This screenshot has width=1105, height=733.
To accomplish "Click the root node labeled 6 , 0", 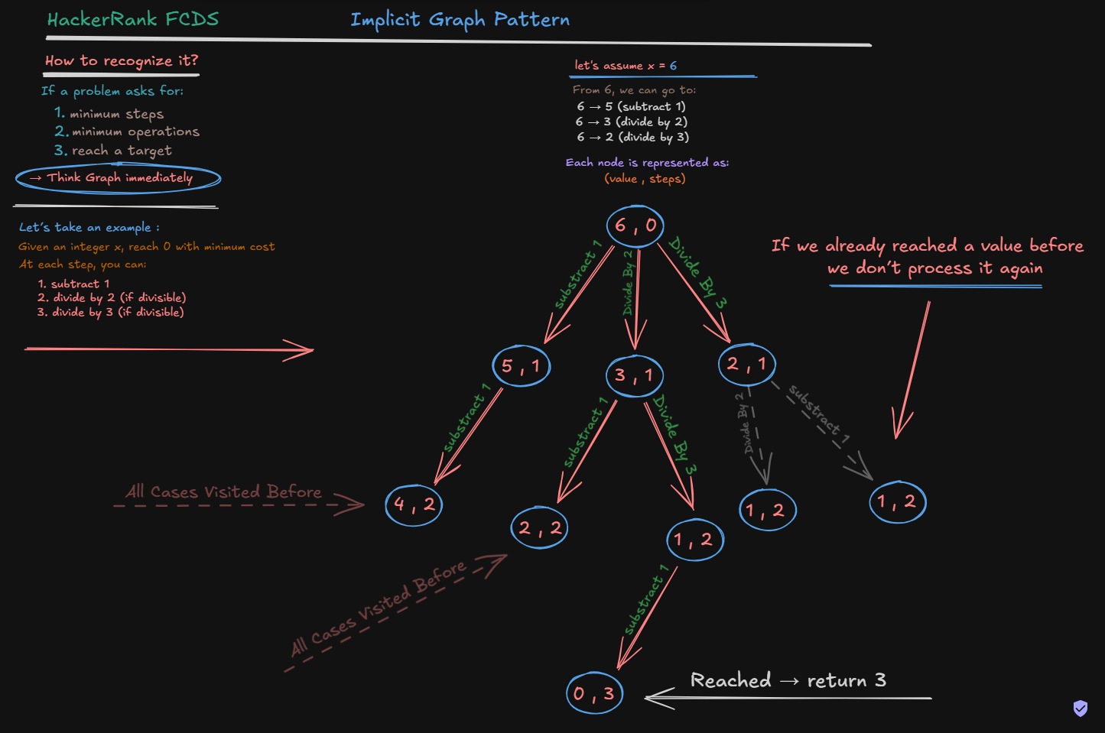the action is [x=635, y=225].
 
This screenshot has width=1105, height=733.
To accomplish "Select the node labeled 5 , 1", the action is [x=522, y=366].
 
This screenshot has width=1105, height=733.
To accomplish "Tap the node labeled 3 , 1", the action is [x=635, y=375].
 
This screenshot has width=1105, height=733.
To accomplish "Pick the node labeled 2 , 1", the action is [x=747, y=365].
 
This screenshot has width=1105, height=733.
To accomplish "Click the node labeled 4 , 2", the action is [x=414, y=504].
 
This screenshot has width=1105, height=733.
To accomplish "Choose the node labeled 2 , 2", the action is [x=540, y=528].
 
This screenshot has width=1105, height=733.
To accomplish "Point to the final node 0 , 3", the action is [x=595, y=693].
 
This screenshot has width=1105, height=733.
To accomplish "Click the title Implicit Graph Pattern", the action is [x=460, y=20].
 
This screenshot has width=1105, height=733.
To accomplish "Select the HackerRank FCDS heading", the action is [x=133, y=19].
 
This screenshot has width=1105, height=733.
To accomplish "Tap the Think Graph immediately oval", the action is [x=119, y=193].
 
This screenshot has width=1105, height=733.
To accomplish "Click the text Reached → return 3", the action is [x=788, y=680].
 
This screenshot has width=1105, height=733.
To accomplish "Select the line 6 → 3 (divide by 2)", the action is [x=632, y=122].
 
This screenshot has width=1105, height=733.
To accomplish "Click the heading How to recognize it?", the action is [x=122, y=60].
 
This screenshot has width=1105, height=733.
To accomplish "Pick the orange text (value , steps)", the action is [x=645, y=178].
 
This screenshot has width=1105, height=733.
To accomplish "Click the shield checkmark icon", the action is [x=1081, y=709].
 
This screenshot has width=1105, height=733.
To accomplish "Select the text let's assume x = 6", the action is [x=626, y=66].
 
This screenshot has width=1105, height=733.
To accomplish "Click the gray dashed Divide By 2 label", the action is [x=746, y=423].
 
